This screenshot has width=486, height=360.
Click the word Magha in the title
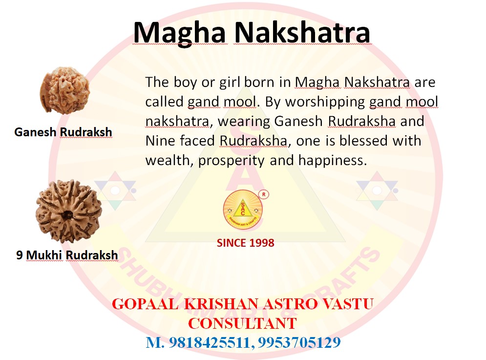[179, 33]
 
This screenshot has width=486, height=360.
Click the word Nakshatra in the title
[302, 32]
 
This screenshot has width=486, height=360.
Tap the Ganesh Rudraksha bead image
[65, 90]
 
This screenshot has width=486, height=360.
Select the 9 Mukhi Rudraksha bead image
[68, 211]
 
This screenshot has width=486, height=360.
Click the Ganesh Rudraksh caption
[63, 132]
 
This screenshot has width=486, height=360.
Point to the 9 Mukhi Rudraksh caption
[67, 255]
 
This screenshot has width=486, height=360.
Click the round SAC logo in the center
[243, 210]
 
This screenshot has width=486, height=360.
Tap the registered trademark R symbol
[264, 194]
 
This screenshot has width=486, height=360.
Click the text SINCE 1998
[246, 243]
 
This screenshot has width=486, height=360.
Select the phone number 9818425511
[210, 342]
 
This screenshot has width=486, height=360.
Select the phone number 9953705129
[299, 342]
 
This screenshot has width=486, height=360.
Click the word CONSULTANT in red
[242, 323]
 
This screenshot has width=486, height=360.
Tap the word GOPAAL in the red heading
[145, 304]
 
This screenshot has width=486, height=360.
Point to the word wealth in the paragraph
[168, 160]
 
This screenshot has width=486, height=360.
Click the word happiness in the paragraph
[333, 161]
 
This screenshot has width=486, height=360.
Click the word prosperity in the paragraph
[231, 161]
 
